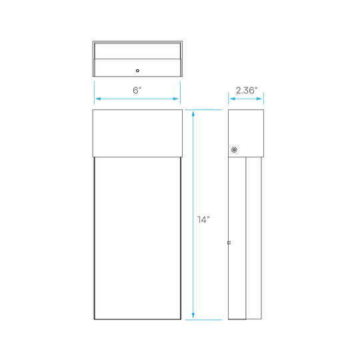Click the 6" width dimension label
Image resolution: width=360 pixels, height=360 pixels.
(137, 90)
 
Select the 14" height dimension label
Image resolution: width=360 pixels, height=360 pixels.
(203, 219)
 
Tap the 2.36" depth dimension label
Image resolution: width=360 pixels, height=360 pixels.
(247, 91)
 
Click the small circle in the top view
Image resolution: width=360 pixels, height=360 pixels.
(137, 71)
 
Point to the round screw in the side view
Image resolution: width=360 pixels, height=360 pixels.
(234, 150)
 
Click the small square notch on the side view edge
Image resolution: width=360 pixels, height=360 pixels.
(229, 243)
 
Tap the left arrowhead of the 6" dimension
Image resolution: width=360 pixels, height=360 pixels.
(98, 99)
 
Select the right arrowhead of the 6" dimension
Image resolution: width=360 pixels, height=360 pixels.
(176, 99)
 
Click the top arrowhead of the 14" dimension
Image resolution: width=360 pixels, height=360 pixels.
(193, 113)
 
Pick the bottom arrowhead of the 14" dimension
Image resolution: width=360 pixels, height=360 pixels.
(193, 315)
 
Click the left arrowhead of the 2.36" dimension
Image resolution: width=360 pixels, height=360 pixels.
(233, 99)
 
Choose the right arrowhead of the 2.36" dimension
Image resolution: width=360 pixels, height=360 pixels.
(259, 99)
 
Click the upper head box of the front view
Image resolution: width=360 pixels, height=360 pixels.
(137, 133)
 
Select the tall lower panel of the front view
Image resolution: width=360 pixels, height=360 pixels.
(137, 238)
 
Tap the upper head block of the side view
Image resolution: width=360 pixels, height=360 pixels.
(246, 133)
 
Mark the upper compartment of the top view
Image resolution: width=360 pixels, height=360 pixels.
(137, 51)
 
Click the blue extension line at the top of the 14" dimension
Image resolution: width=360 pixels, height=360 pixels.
(203, 110)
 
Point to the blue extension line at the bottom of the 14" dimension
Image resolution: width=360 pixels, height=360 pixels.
(203, 319)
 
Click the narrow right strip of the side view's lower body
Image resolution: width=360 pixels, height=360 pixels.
(254, 238)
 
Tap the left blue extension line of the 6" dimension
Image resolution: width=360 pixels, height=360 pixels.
(94, 93)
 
